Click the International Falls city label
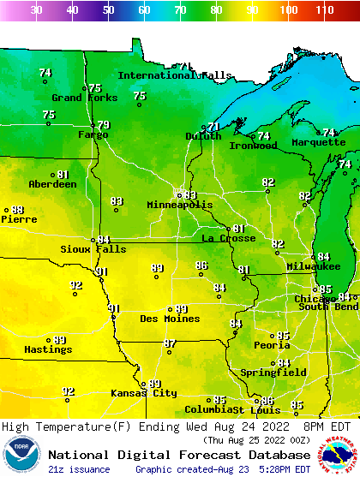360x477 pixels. (x=174, y=75)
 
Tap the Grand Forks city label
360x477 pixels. (x=78, y=98)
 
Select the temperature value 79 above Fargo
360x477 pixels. (x=104, y=125)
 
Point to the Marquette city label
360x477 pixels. (x=318, y=142)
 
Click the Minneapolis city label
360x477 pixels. (x=179, y=206)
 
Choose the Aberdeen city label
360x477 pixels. (x=52, y=184)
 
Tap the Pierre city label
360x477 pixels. (x=18, y=219)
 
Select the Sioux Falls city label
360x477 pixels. (x=93, y=249)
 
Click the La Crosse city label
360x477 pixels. (x=228, y=238)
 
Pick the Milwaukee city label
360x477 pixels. (x=314, y=267)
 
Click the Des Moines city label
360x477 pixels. (x=170, y=319)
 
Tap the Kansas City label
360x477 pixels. (x=143, y=393)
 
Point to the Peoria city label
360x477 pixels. (x=271, y=345)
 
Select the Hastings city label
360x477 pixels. (x=48, y=349)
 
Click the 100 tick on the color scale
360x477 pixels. (x=288, y=10)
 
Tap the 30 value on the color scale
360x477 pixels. (x=36, y=10)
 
